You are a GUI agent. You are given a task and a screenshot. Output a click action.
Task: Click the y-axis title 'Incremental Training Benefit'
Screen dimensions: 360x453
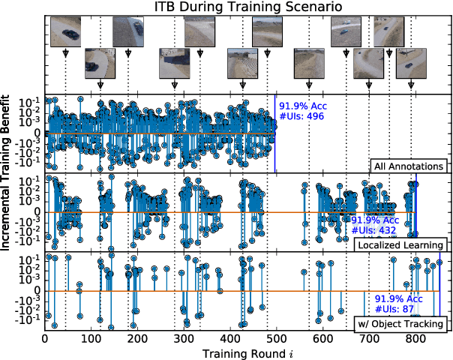click(x=9, y=212)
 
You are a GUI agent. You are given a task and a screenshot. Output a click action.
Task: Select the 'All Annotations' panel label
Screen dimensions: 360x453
click(x=410, y=166)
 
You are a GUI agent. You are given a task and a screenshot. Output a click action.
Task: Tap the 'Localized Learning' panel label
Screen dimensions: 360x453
click(x=400, y=245)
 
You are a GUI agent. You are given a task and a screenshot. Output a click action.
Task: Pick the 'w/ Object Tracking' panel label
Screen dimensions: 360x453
click(x=400, y=325)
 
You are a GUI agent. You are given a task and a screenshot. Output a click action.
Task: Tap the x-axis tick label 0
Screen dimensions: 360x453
click(x=46, y=338)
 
